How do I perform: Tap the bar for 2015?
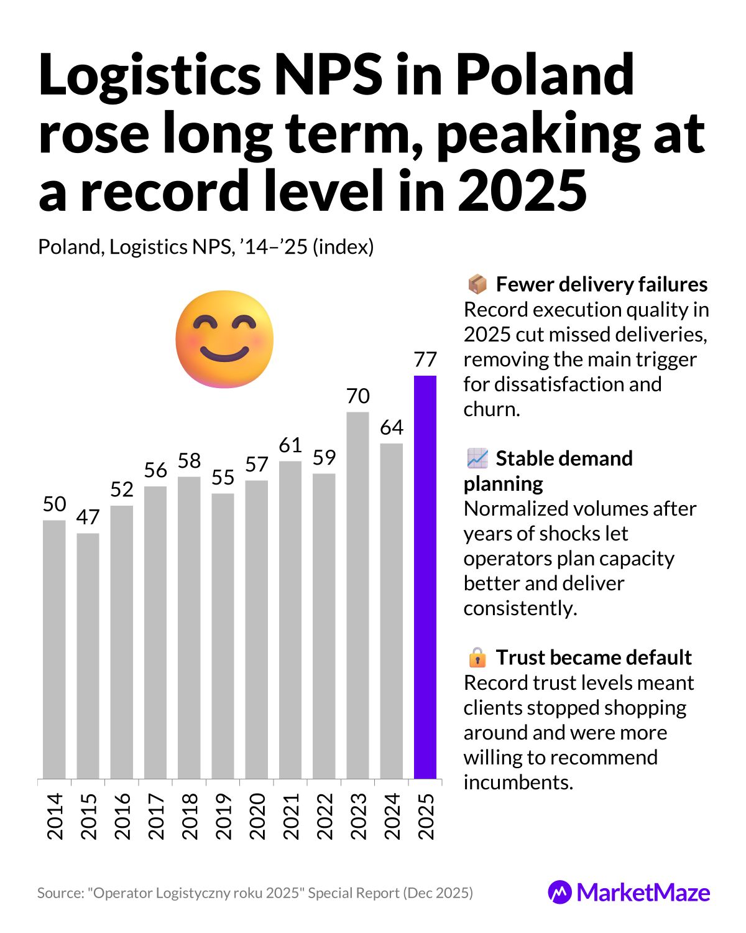(x=88, y=656)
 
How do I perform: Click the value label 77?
(x=425, y=360)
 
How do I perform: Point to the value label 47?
(x=88, y=517)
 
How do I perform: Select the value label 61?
(x=290, y=445)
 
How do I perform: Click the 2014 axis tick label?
(x=55, y=815)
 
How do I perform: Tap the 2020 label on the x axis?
(x=257, y=815)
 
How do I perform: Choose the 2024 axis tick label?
(x=392, y=815)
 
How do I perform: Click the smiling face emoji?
(x=224, y=340)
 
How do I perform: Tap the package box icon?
(x=477, y=284)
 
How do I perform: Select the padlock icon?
(x=477, y=657)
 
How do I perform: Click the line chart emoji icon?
(x=477, y=458)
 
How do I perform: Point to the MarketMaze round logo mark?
(x=559, y=893)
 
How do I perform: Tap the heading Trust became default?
(x=593, y=657)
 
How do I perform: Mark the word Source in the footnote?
(x=58, y=893)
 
